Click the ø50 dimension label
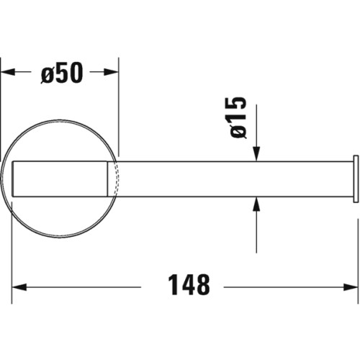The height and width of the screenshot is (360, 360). (63, 73)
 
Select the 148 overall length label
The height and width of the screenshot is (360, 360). (188, 286)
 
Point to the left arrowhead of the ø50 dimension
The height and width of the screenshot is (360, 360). (6, 72)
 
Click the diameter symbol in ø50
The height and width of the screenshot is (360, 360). (48, 73)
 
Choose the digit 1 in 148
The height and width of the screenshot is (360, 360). (173, 286)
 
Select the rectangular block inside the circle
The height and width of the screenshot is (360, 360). (61, 178)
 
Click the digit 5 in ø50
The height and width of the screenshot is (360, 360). (63, 73)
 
